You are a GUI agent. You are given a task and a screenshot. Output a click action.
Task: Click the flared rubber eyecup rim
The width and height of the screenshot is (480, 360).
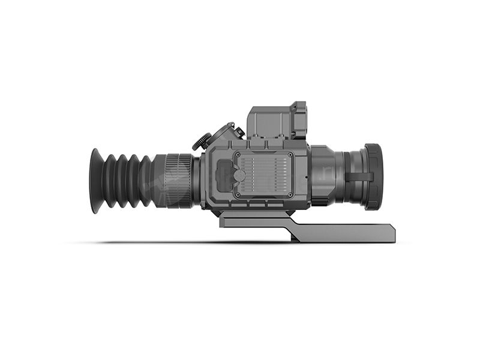pos(95,181)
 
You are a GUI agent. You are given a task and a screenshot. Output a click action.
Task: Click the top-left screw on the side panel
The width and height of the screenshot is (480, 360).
pos(237,155)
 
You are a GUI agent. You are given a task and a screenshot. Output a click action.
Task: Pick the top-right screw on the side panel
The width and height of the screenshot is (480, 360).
pos(290,155)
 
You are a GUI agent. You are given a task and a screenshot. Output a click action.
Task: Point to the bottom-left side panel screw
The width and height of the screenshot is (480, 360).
pos(237,196)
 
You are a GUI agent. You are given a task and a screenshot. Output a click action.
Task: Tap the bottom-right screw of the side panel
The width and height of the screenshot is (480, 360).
pos(290,196)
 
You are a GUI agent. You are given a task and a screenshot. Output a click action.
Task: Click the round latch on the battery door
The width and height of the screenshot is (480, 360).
pos(239,176)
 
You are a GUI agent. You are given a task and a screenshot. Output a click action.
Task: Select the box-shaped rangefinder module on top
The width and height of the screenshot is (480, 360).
pos(273,123)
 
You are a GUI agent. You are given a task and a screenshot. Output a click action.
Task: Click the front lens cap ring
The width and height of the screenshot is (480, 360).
pos(373,176)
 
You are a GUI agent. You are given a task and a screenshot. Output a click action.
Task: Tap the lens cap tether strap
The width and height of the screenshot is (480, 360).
pos(360,176)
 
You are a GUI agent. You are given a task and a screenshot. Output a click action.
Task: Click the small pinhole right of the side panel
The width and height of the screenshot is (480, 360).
pos(305,178)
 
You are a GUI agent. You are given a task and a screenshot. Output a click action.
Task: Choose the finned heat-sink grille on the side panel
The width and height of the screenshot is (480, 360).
pos(267,176)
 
